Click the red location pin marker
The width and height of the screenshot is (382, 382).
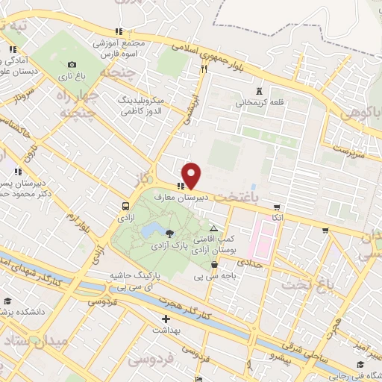click(192, 175)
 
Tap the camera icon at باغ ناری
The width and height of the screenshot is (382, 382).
click(72, 64)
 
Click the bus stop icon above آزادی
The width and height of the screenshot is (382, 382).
click(125, 206)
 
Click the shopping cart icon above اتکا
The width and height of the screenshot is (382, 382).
click(278, 207)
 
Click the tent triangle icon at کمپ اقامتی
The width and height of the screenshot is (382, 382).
click(214, 229)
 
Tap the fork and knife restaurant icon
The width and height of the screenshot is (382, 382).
click(204, 69)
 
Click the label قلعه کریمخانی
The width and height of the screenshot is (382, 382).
click(248, 104)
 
